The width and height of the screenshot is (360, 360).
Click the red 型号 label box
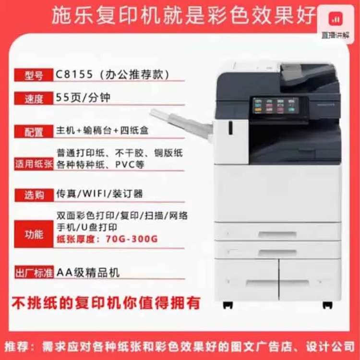pyautogui.click(x=34, y=75)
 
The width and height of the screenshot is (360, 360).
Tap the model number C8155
pyautogui.click(x=74, y=74)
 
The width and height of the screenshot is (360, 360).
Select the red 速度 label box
pyautogui.click(x=34, y=98)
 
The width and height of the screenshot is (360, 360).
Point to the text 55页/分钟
pyautogui.click(x=83, y=97)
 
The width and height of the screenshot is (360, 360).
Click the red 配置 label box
pyautogui.click(x=34, y=132)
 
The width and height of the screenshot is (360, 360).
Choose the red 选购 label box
pyautogui.click(x=34, y=195)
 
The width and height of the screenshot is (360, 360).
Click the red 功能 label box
pyautogui.click(x=34, y=234)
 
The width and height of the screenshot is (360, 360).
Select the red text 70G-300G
pyautogui.click(x=132, y=239)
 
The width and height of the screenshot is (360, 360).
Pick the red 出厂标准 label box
pyautogui.click(x=34, y=272)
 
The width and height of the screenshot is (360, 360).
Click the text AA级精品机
pyautogui.click(x=88, y=273)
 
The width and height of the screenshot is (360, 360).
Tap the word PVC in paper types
pyautogui.click(x=125, y=165)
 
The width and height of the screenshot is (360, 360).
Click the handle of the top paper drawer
pyautogui.click(x=277, y=234)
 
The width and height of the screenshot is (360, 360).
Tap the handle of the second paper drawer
pyautogui.click(x=277, y=253)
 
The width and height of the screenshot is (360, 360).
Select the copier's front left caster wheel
pyautogui.click(x=228, y=305)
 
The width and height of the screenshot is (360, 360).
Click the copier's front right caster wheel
pyautogui.click(x=327, y=305)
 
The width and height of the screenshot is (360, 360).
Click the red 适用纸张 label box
pyautogui.click(x=34, y=164)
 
